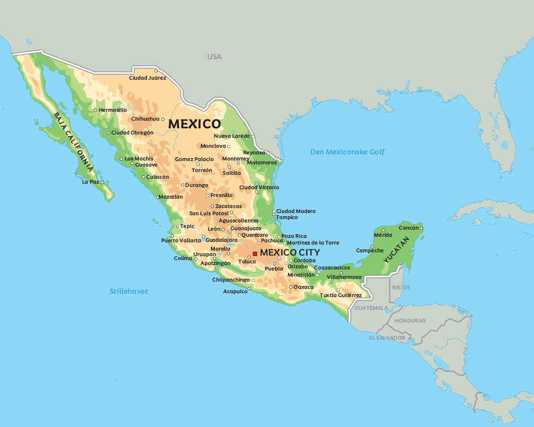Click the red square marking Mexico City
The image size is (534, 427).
pos(255,253)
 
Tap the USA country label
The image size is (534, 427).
pos(214,57)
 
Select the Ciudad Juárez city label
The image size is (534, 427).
pos(147,78)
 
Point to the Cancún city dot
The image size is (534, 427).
pos(421,228)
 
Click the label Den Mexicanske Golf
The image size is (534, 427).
pos(347,152)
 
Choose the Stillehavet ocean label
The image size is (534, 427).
pos(129,291)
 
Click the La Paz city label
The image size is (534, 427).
pos(90,181)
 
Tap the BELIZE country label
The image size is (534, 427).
pos(401,288)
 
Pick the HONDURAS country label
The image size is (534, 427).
pos(410,321)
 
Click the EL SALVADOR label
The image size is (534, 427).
pos(387,337)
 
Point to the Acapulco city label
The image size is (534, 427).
pos(235,291)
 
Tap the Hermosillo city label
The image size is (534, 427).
pos(112,110)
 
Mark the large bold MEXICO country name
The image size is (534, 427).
pos(194,124)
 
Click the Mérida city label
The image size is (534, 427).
pos(383,235)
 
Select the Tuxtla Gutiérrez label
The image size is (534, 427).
pos(341,295)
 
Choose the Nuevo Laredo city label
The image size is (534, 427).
pos(232,136)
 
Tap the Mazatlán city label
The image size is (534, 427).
pos(170,197)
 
